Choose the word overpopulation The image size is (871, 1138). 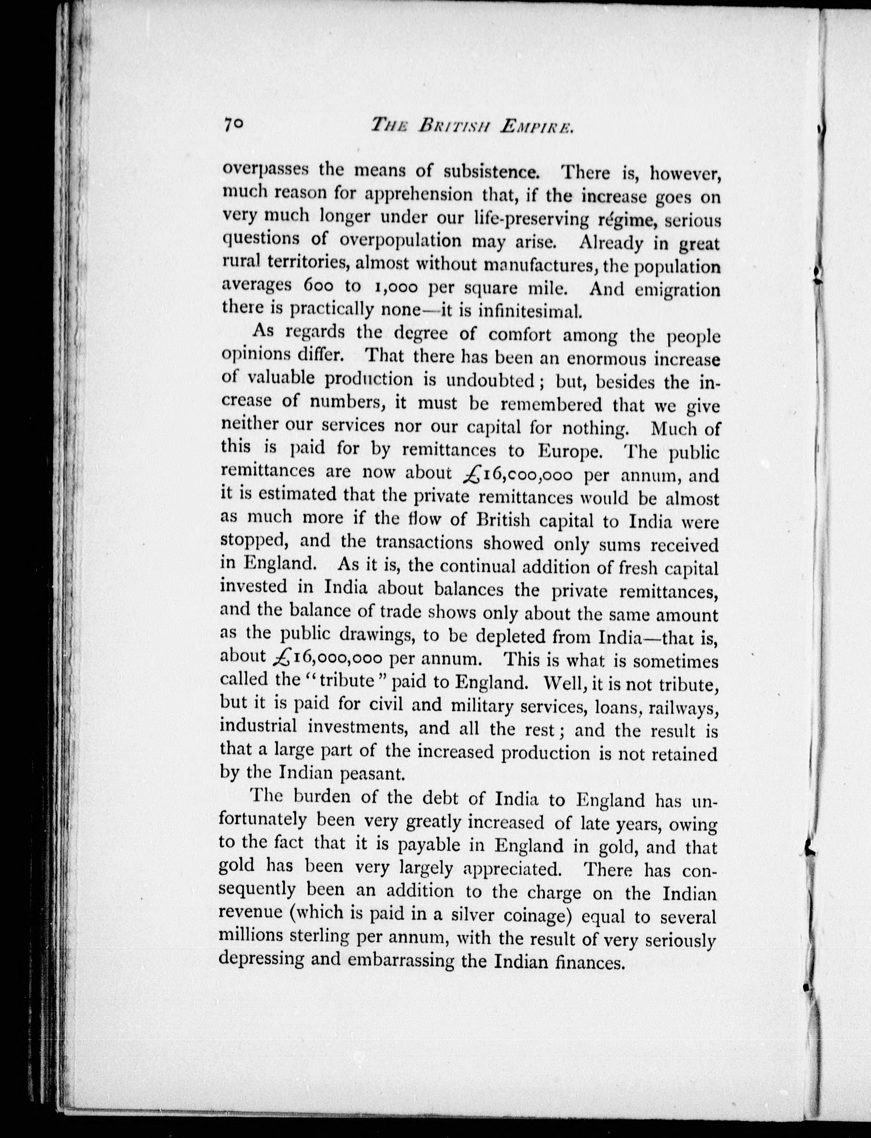click(400, 241)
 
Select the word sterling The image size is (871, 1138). click(317, 937)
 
